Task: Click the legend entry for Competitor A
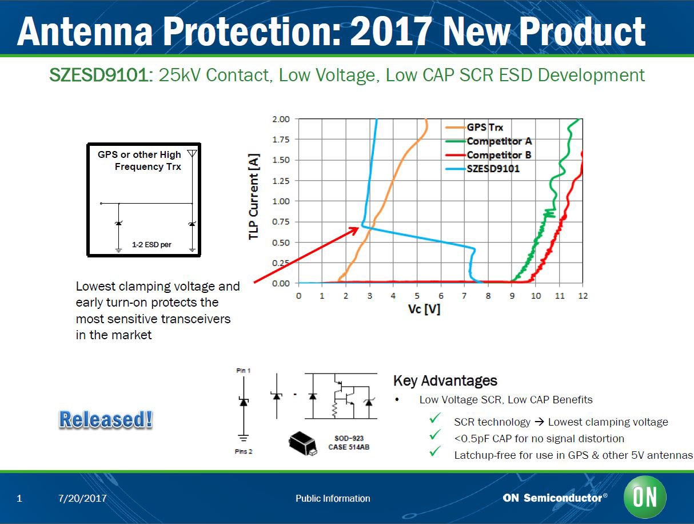tap(499, 141)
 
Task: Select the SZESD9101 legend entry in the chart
tap(493, 169)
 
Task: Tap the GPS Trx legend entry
tap(485, 128)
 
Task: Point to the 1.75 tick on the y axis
tap(280, 140)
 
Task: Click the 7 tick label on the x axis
tap(441, 296)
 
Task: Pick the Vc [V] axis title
tap(424, 309)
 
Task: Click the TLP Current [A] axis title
tap(254, 196)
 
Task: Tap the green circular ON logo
tap(645, 497)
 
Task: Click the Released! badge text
tap(106, 420)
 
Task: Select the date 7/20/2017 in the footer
tap(82, 499)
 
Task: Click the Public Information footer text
tap(333, 499)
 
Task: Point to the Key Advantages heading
tap(445, 381)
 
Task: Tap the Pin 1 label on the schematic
tap(243, 371)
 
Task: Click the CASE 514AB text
tap(349, 447)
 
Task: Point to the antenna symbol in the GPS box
tap(192, 154)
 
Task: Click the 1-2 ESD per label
tap(151, 245)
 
